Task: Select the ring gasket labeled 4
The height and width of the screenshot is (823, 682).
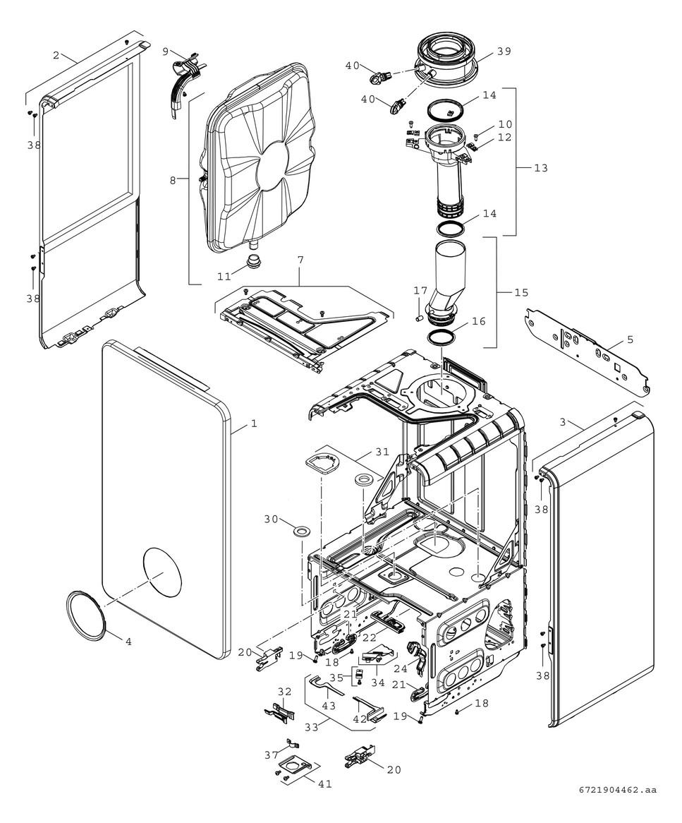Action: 87,612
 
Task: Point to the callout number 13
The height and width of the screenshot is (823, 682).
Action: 541,168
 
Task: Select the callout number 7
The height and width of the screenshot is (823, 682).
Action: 300,260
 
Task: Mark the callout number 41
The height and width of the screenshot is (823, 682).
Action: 324,783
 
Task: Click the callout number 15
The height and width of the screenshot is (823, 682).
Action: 520,292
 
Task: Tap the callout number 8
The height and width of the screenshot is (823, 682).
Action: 173,180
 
